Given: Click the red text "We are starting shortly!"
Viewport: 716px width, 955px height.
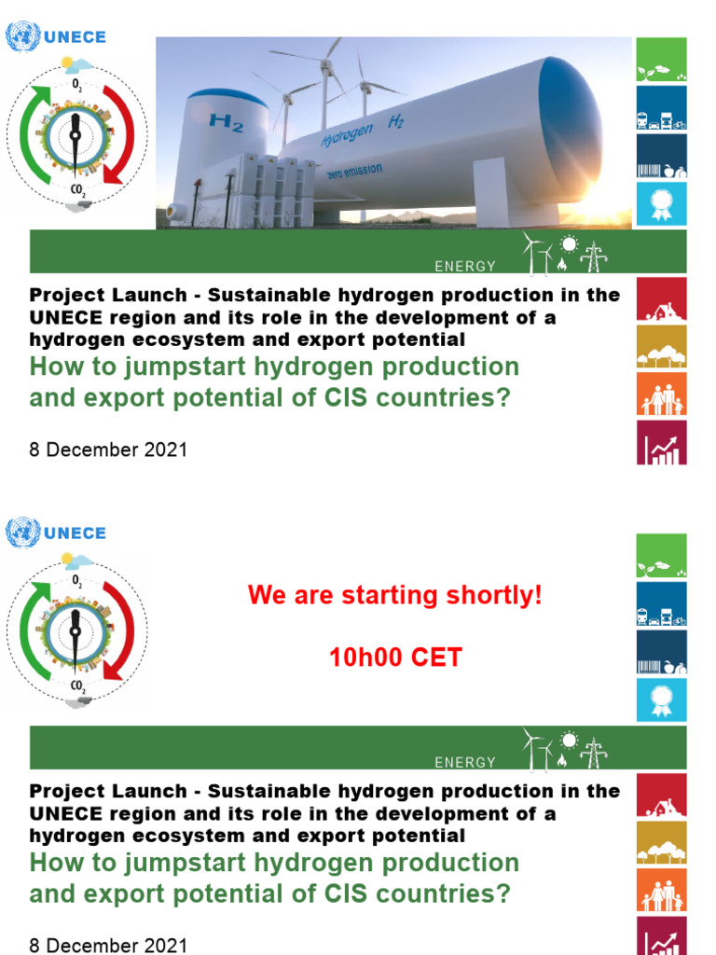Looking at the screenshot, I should [x=394, y=596].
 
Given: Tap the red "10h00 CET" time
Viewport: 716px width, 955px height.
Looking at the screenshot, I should [x=394, y=657].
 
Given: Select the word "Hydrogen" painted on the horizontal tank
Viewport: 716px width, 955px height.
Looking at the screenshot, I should [x=346, y=134].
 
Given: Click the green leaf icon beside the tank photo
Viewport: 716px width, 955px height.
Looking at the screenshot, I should [x=661, y=61].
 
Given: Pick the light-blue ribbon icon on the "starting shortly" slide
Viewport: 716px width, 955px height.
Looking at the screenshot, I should [x=661, y=699].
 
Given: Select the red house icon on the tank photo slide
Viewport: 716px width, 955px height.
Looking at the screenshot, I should [x=661, y=299].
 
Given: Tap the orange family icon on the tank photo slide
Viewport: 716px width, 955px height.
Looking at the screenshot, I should [x=661, y=394].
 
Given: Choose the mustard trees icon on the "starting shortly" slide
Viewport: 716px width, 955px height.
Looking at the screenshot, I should [x=661, y=843].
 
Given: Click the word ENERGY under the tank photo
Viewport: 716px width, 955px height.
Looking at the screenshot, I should [x=465, y=267].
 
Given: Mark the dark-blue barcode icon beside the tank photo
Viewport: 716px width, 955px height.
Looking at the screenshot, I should [x=661, y=156].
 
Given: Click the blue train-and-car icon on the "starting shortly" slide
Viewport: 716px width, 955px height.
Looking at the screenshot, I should [x=661, y=604].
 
